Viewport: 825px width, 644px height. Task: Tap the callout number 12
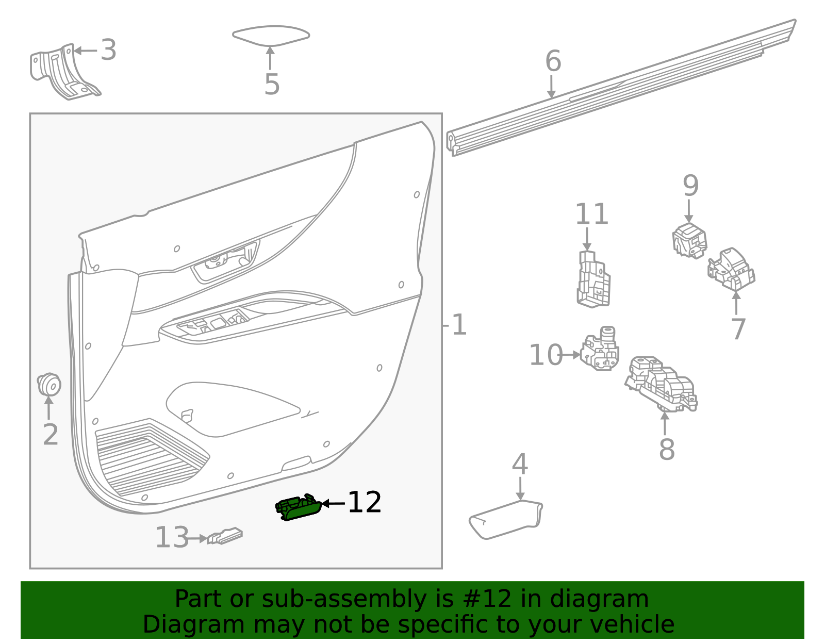tap(365, 502)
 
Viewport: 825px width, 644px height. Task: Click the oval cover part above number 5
tap(271, 36)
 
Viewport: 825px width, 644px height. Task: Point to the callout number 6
tap(553, 61)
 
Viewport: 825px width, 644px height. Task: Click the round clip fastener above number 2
tap(49, 384)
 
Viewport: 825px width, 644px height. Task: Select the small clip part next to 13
tap(225, 536)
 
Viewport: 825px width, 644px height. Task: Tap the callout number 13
tap(172, 538)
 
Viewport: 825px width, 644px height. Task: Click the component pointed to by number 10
tap(600, 350)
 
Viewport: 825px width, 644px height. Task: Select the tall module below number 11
tap(593, 279)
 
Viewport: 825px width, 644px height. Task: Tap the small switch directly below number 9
tap(689, 240)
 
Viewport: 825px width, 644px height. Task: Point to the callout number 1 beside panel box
tap(458, 325)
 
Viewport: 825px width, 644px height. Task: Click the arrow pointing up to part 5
tap(270, 58)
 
